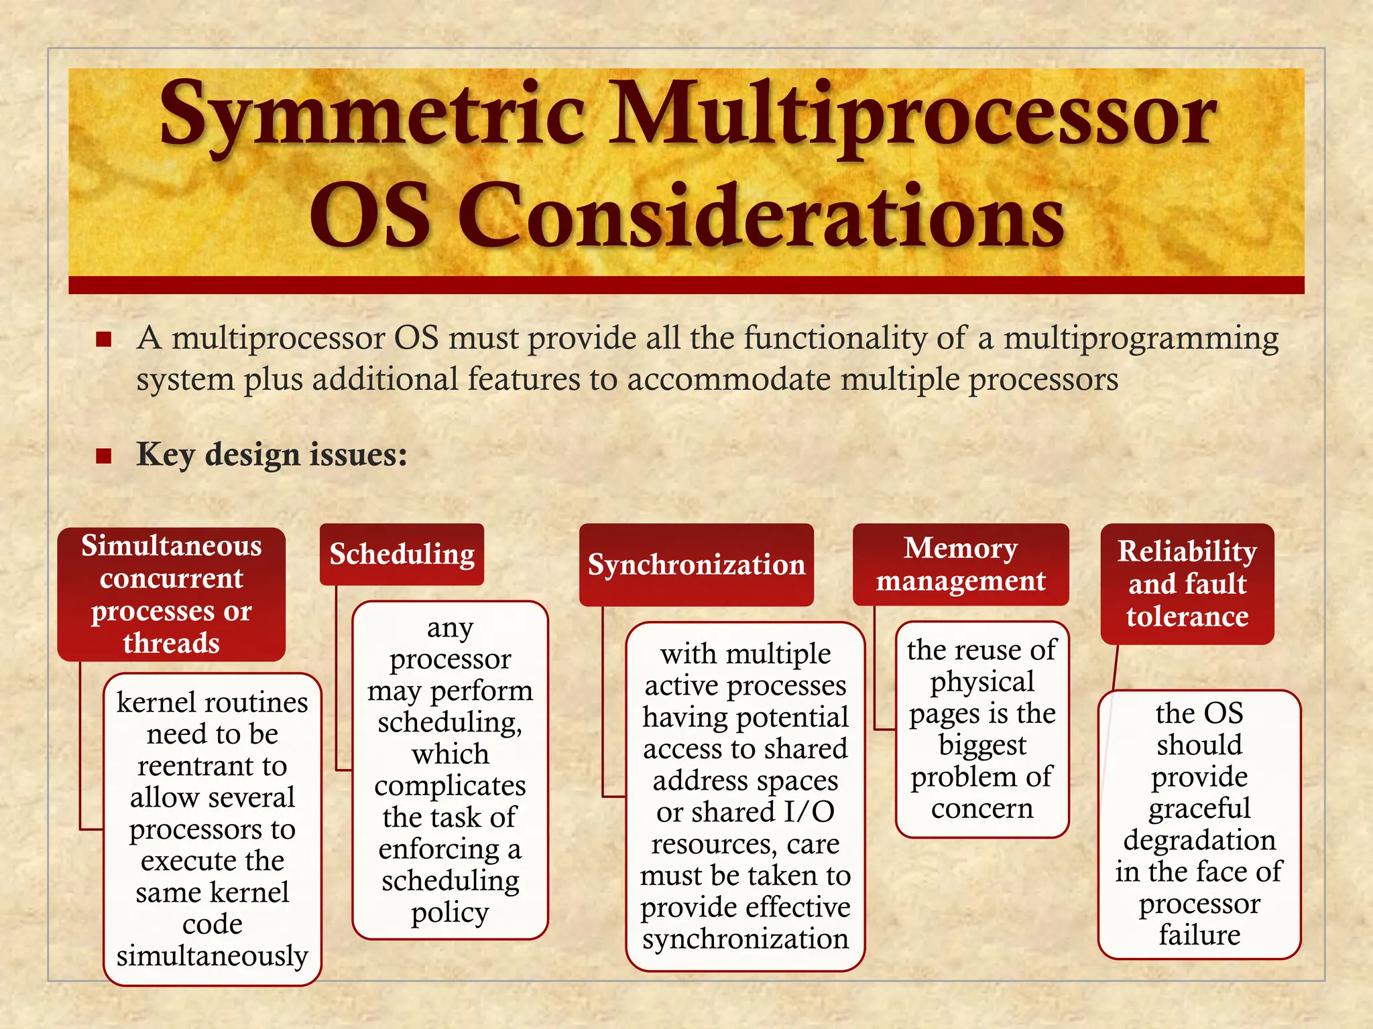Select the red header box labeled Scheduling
click(x=402, y=555)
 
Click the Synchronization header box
click(x=696, y=565)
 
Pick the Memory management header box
click(x=960, y=564)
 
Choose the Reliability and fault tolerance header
click(x=1187, y=584)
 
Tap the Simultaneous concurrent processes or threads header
click(x=171, y=594)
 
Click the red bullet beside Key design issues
click(x=103, y=456)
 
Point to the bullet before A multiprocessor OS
click(x=103, y=339)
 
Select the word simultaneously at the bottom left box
click(x=212, y=956)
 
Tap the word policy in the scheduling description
click(x=450, y=912)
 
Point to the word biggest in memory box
click(x=982, y=745)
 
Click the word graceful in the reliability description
click(x=1199, y=809)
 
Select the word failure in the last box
click(x=1199, y=935)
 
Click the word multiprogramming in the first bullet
click(x=1140, y=338)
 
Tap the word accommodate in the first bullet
click(x=729, y=380)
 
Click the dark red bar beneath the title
click(x=686, y=285)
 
